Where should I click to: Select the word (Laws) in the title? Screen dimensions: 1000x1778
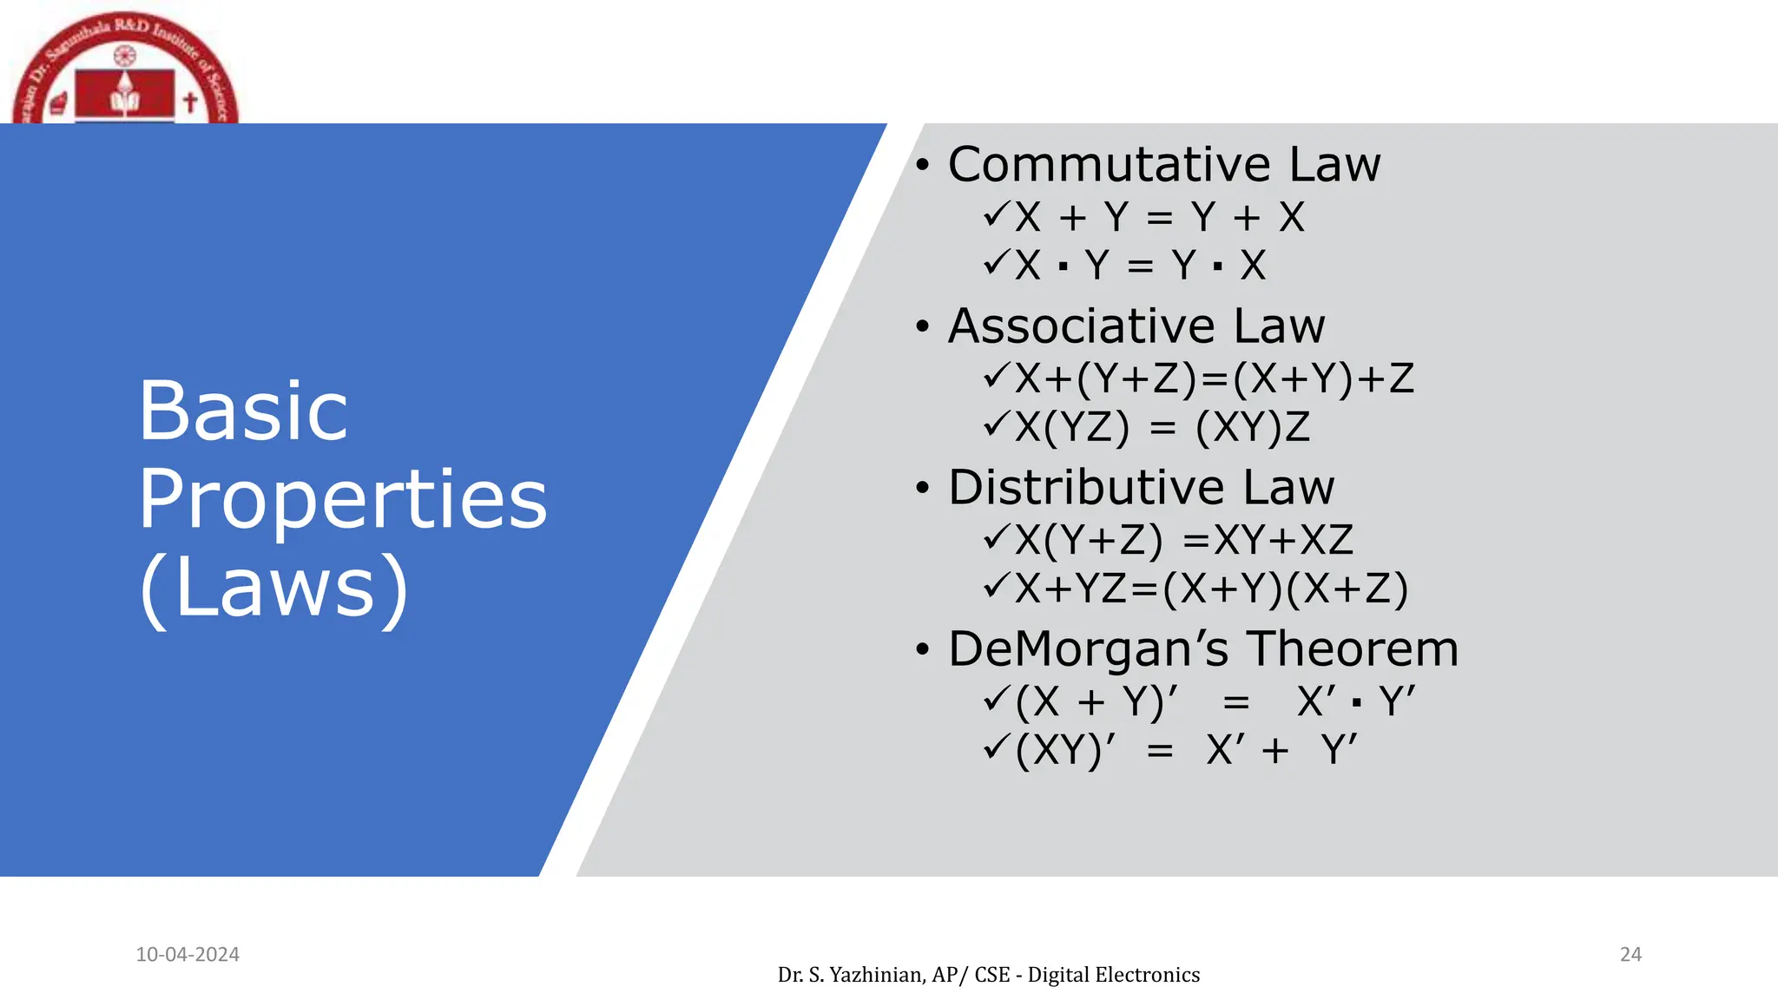273,588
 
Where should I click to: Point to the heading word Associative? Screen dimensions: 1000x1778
1083,326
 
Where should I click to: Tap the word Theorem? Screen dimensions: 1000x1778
1353,648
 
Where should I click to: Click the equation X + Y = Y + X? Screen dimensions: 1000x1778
1159,217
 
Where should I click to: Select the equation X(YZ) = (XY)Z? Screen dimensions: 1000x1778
1162,427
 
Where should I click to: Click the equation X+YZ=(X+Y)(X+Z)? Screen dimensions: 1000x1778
1211,589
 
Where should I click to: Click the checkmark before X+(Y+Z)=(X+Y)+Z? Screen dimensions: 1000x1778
996,377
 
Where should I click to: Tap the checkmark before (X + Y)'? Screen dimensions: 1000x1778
996,699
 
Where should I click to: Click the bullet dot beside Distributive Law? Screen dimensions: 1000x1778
922,488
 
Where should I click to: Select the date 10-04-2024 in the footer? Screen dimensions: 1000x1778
188,954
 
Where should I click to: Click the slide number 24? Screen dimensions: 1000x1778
1630,954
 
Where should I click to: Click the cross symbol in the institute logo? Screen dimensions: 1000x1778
190,102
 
